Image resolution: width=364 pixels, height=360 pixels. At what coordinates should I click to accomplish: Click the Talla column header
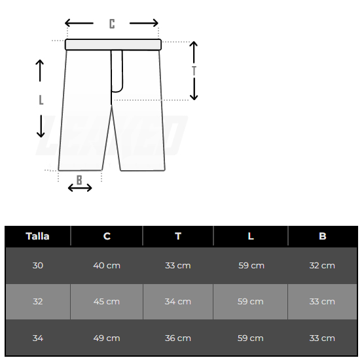pos(37,236)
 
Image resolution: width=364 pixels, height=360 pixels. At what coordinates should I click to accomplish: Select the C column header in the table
pos(107,236)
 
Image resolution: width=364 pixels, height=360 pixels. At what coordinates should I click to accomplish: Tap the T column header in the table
pos(178,236)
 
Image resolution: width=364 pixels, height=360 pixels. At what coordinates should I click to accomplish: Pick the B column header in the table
pos(323,236)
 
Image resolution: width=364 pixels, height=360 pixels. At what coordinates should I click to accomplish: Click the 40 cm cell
pos(107,265)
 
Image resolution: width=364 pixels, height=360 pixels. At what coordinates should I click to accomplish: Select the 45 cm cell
pos(107,302)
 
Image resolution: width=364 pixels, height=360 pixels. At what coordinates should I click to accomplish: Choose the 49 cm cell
pos(107,338)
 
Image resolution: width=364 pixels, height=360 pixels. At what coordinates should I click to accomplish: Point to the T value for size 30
pos(178,265)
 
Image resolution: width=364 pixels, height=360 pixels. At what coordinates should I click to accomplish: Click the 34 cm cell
pos(178,302)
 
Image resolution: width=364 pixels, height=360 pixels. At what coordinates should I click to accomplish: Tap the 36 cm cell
pos(178,338)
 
